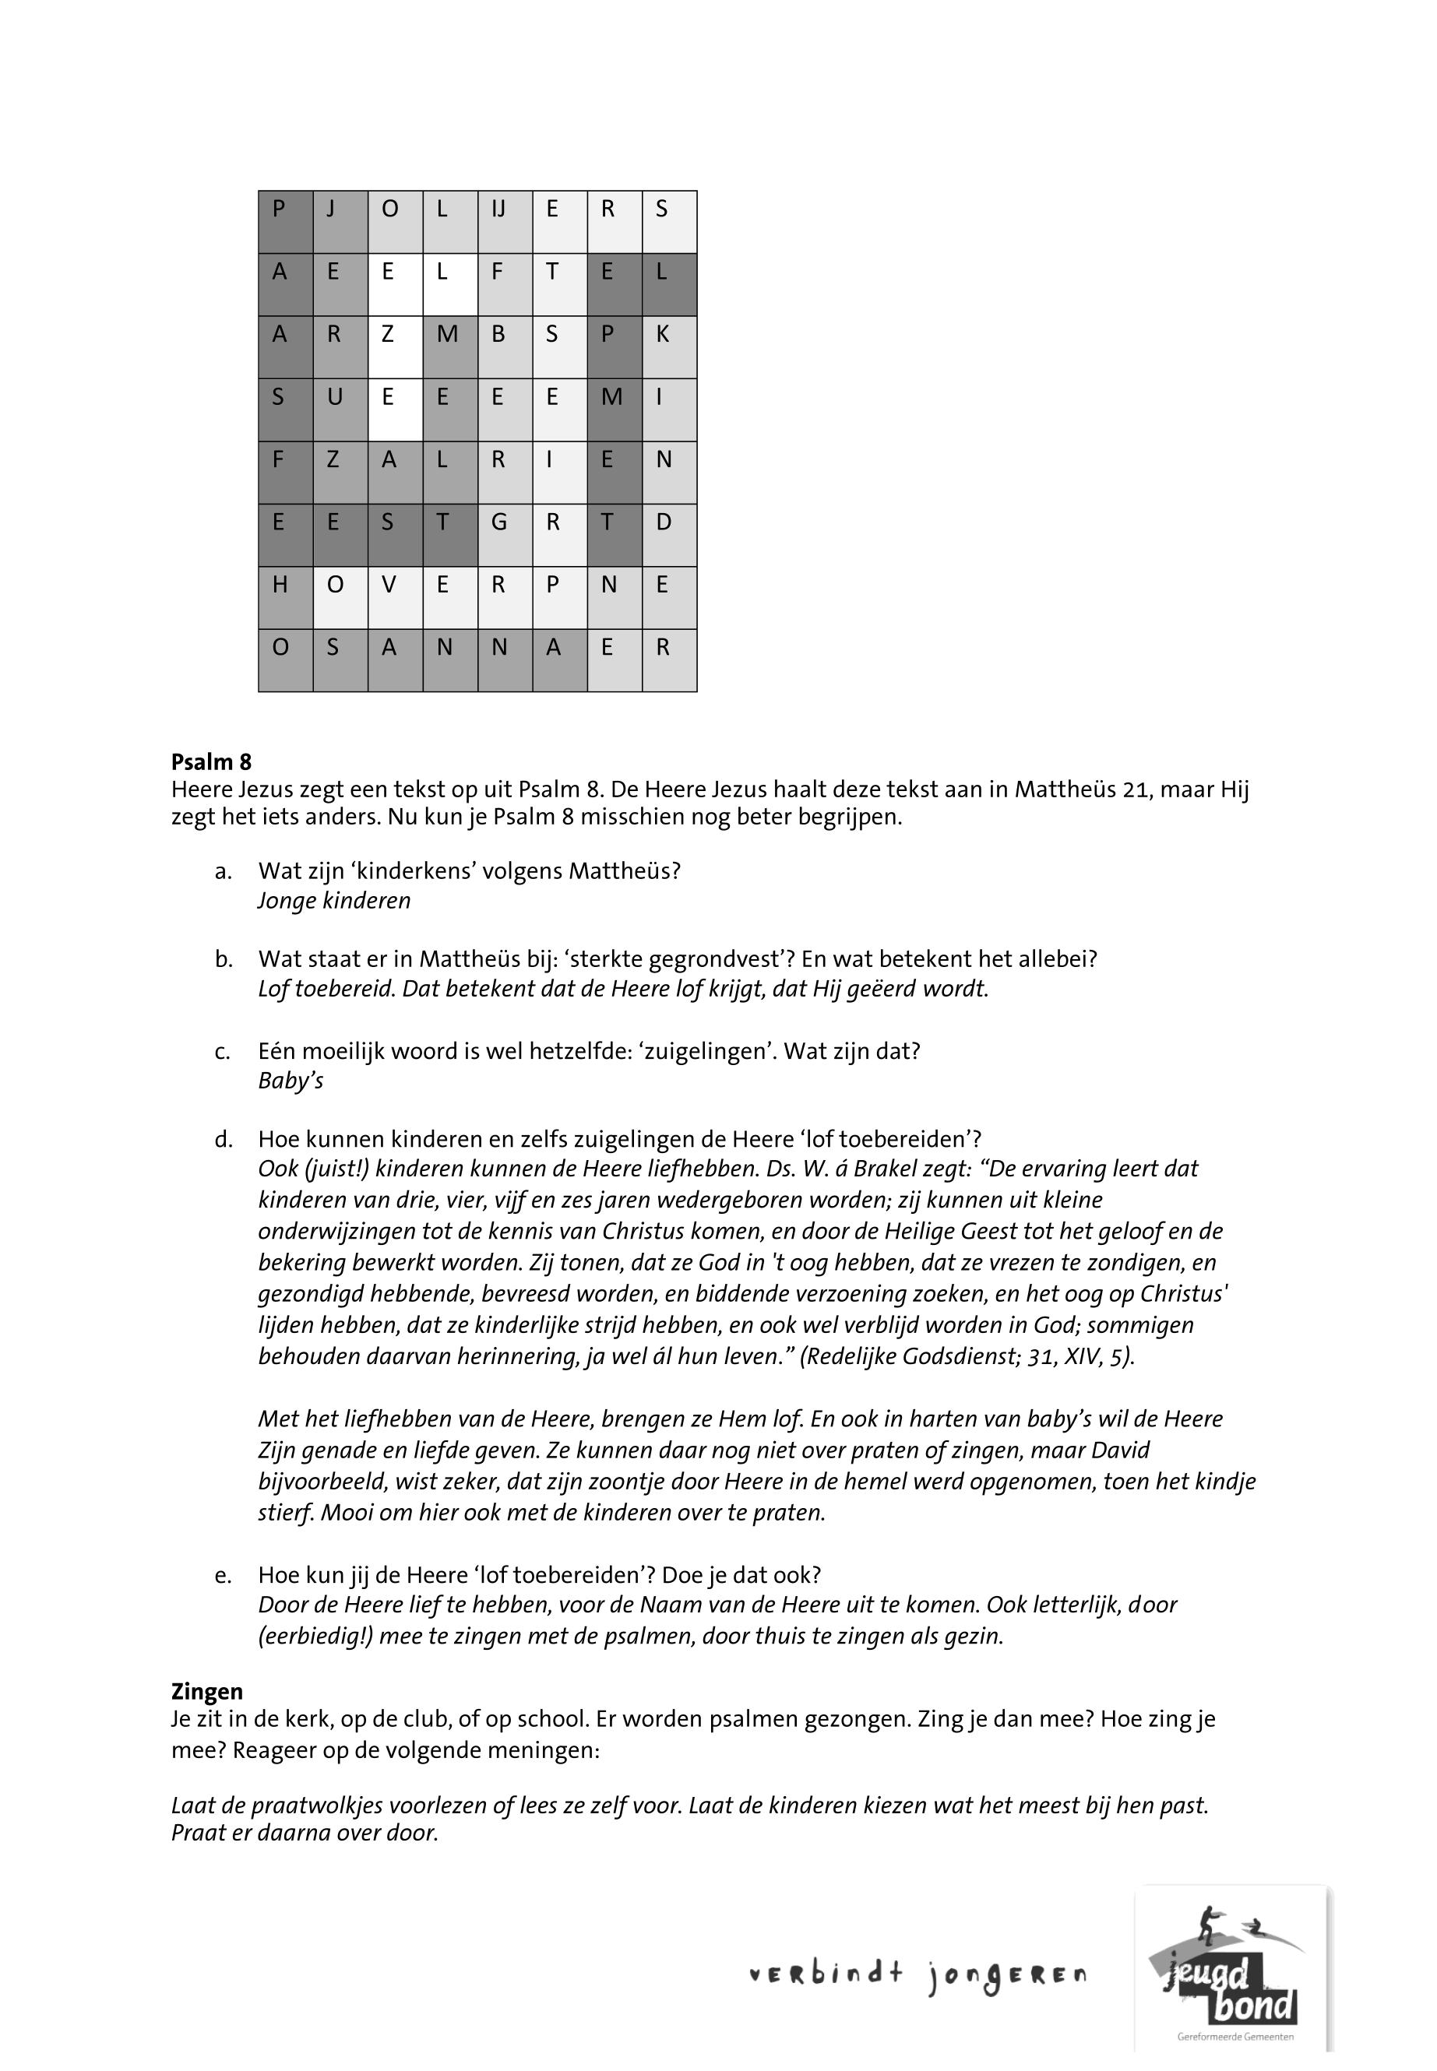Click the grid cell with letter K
[x=669, y=346]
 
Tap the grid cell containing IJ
[x=505, y=221]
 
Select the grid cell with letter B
[x=505, y=346]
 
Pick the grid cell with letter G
[x=505, y=535]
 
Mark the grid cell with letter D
[x=669, y=535]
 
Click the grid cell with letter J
[x=340, y=221]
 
